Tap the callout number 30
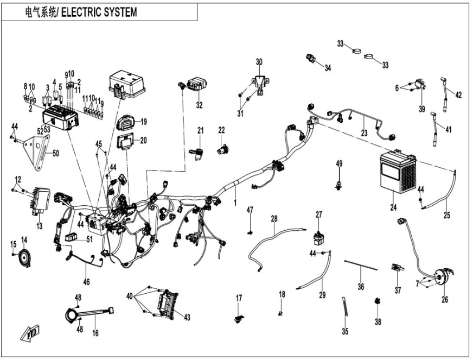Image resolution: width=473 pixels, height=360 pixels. click(259, 61)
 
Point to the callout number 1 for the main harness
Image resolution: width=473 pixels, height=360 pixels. click(235, 202)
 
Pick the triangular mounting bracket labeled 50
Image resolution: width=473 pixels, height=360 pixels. click(40, 154)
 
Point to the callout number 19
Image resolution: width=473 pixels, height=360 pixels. click(144, 122)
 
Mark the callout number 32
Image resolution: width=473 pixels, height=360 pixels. click(199, 105)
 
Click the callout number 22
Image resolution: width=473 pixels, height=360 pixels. click(221, 130)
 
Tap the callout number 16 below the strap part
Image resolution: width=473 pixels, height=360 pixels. click(95, 333)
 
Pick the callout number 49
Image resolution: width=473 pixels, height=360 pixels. click(339, 163)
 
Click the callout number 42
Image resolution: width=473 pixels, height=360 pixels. click(458, 95)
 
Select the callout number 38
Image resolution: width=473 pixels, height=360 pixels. click(378, 321)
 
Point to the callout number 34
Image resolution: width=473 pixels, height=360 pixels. click(327, 68)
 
